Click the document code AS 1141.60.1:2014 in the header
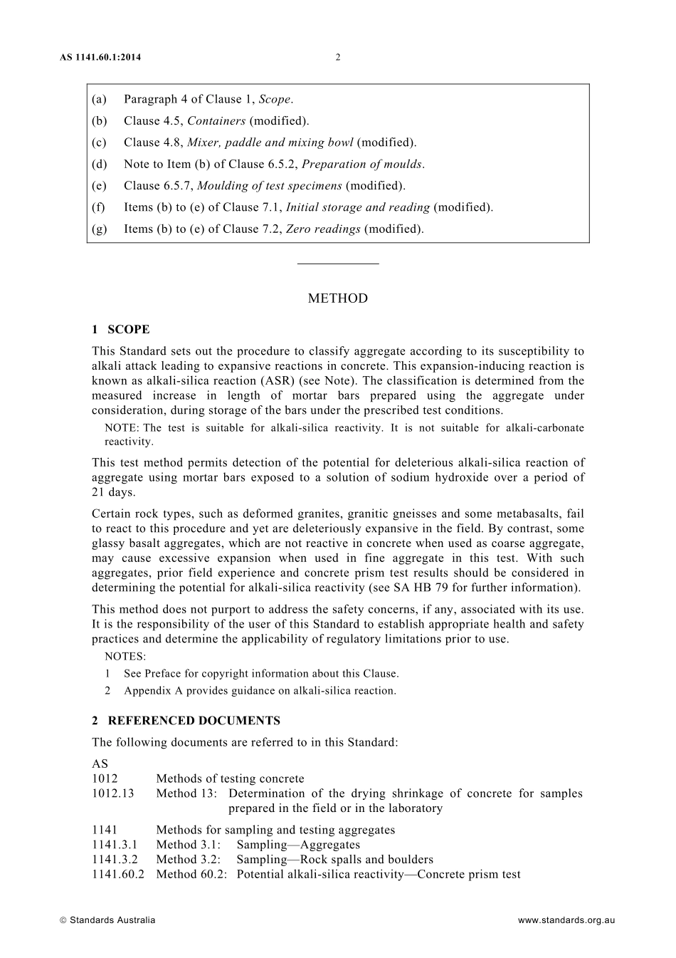pyautogui.click(x=100, y=58)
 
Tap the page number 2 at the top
pyautogui.click(x=338, y=58)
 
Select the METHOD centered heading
pyautogui.click(x=338, y=298)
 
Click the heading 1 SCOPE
pyautogui.click(x=120, y=330)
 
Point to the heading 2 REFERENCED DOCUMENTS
pyautogui.click(x=186, y=721)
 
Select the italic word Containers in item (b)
pyautogui.click(x=216, y=121)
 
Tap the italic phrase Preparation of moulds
pyautogui.click(x=362, y=164)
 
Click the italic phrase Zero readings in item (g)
pyautogui.click(x=322, y=229)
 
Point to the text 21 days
pyautogui.click(x=113, y=492)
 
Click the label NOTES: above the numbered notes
pyautogui.click(x=125, y=657)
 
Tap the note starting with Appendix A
pyautogui.click(x=260, y=690)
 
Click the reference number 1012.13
pyautogui.click(x=112, y=793)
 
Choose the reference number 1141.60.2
pyautogui.click(x=117, y=874)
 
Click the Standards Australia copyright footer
pyautogui.click(x=107, y=920)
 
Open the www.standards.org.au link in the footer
pyautogui.click(x=566, y=920)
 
